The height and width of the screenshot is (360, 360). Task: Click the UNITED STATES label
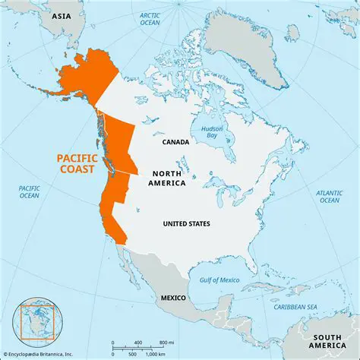(x=186, y=223)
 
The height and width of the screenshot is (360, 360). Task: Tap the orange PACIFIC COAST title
(x=78, y=164)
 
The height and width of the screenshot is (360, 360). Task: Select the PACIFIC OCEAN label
(x=29, y=191)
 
